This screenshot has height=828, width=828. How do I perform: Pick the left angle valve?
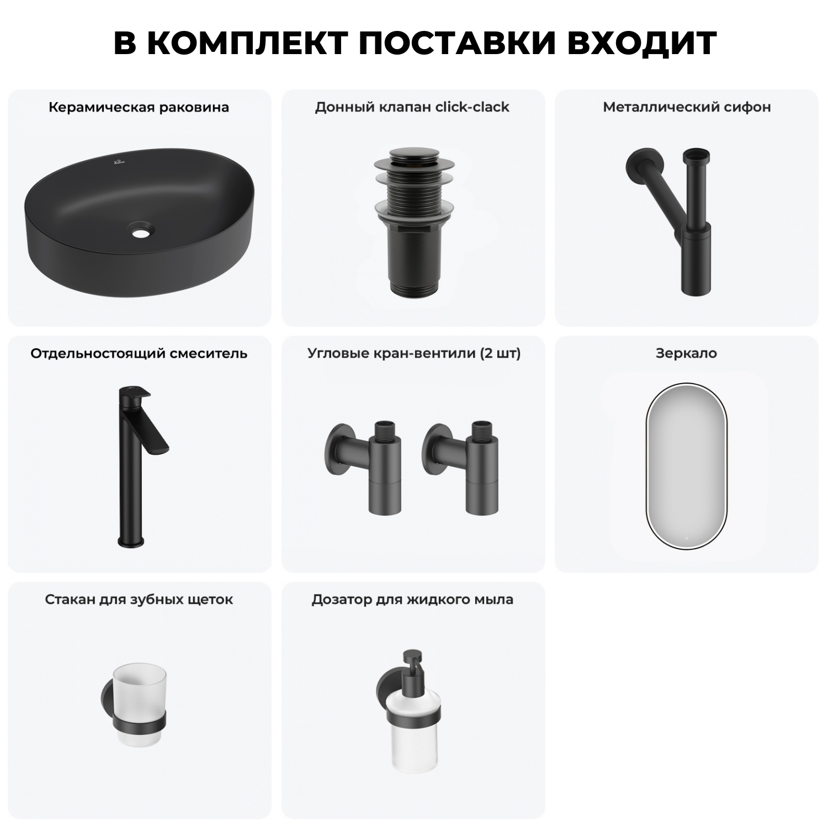click(364, 464)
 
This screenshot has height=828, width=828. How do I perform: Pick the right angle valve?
click(461, 464)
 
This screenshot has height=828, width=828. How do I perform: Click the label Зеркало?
click(686, 353)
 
